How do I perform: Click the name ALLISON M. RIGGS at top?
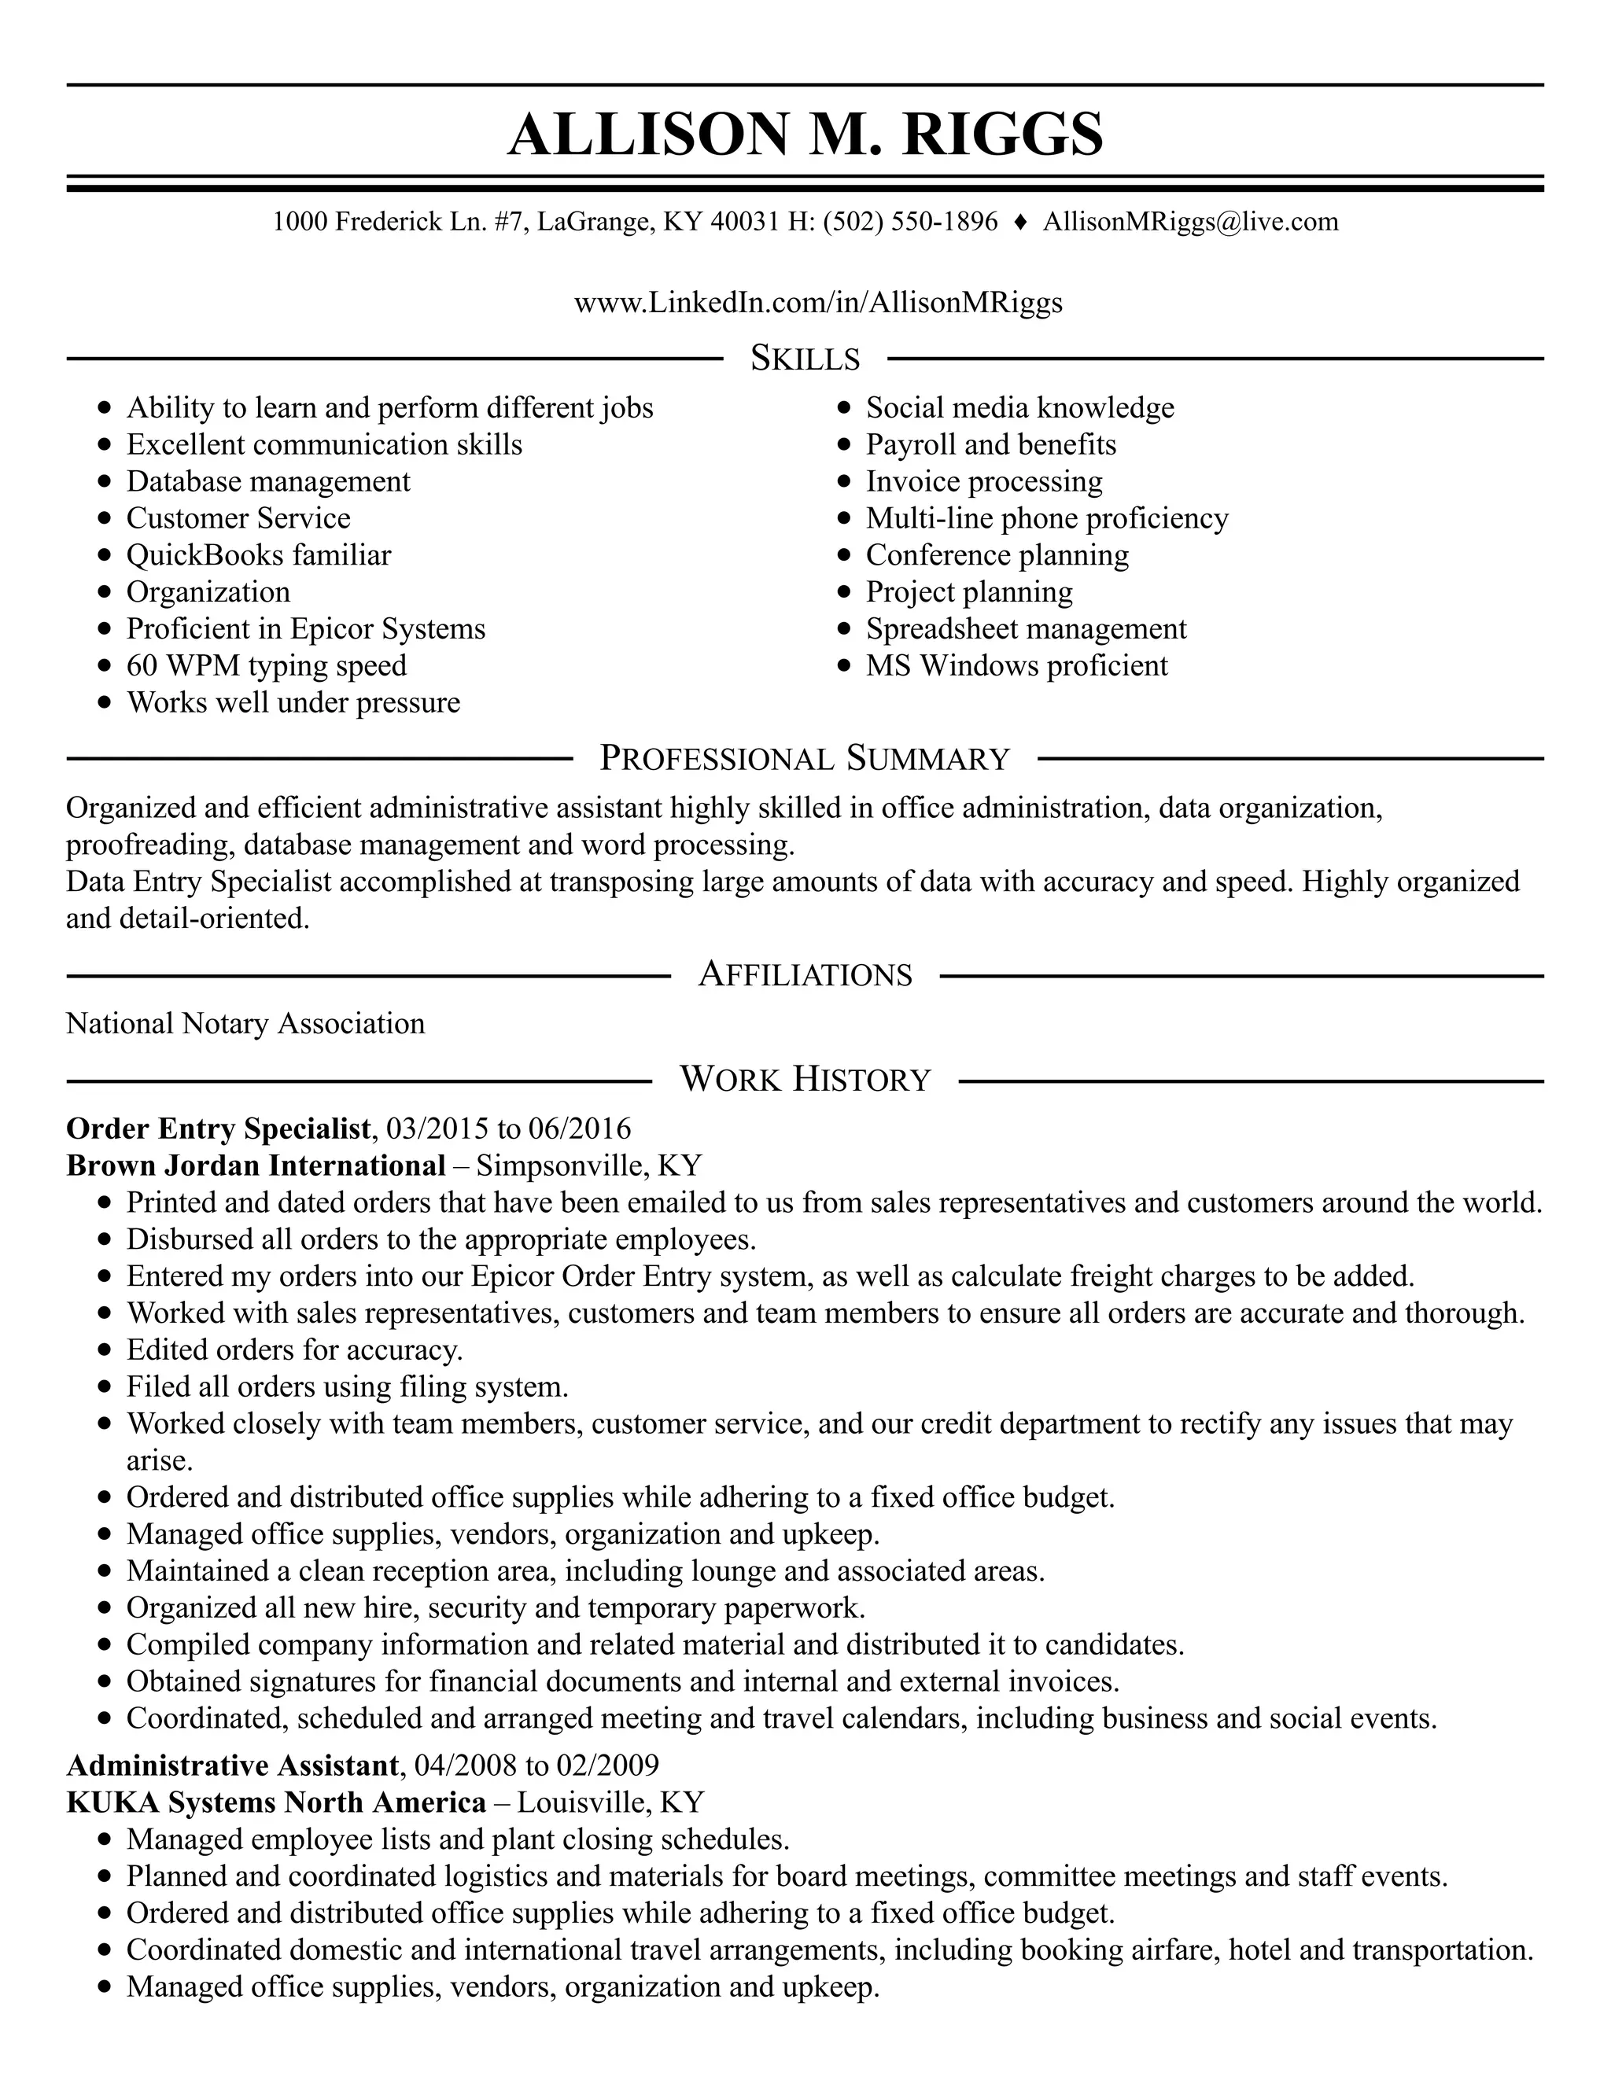tap(805, 134)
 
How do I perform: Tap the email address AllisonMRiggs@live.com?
tap(1190, 222)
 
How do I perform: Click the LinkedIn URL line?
tap(818, 303)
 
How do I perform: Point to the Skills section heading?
tap(805, 358)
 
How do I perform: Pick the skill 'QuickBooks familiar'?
tap(259, 554)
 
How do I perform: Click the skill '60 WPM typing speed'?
tap(267, 665)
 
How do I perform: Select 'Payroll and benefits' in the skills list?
tap(990, 444)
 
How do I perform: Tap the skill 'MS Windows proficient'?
tap(1016, 665)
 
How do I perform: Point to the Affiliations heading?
tap(805, 974)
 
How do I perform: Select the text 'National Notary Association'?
tap(245, 1023)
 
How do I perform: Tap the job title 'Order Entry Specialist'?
tap(218, 1128)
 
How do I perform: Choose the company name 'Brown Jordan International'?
tap(256, 1165)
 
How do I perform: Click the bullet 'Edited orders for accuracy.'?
tap(294, 1349)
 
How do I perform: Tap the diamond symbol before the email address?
tap(1020, 222)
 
